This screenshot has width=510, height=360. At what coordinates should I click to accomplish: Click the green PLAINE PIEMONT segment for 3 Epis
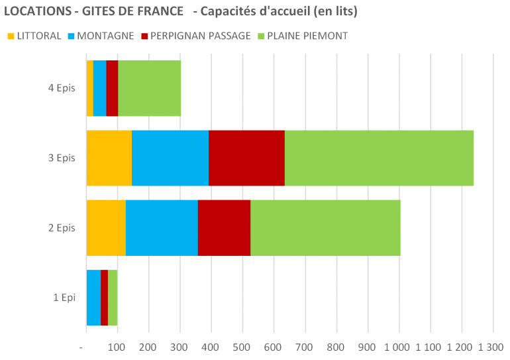[x=379, y=158]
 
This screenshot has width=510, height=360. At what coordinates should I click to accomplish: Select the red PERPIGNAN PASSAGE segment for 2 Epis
[x=224, y=227]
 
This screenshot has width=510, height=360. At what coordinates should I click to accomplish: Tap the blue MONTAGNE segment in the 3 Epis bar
[x=170, y=158]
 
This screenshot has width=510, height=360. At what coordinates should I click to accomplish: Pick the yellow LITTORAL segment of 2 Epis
[x=106, y=227]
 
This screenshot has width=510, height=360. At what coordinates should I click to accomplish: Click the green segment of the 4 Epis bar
[x=149, y=88]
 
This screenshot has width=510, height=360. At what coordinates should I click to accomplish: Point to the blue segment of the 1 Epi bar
[x=93, y=298]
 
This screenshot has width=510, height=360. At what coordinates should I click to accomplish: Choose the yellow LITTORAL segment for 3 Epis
[x=109, y=158]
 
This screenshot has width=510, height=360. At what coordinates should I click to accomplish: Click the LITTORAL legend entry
[x=34, y=36]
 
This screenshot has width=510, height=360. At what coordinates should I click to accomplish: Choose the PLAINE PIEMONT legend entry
[x=305, y=36]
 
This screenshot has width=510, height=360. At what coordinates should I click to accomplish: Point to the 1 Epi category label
[x=64, y=298]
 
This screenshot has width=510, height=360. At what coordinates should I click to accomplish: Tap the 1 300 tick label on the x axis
[x=490, y=347]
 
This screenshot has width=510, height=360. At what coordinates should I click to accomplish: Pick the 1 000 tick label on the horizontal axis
[x=397, y=347]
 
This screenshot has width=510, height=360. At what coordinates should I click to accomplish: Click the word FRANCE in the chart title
[x=155, y=12]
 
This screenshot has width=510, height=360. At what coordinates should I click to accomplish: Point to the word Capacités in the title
[x=235, y=12]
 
